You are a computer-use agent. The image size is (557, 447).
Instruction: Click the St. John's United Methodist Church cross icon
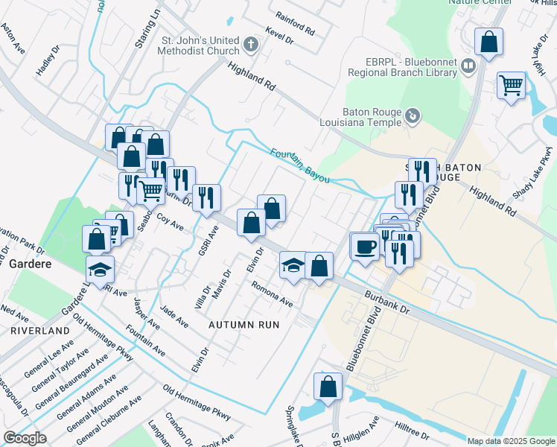(x=251, y=45)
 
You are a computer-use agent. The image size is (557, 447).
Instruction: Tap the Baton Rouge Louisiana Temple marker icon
(x=413, y=116)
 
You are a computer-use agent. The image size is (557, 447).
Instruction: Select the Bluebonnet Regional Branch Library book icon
(x=468, y=67)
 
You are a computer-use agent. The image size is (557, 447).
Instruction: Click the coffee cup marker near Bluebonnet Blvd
(x=364, y=246)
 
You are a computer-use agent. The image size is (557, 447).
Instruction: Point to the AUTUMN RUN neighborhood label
(x=244, y=325)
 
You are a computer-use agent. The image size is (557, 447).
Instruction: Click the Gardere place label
(x=29, y=264)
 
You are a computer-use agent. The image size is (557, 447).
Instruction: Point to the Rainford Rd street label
(x=295, y=25)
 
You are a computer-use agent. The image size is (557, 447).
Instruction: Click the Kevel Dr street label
(x=281, y=39)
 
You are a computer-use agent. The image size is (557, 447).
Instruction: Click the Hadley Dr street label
(x=47, y=63)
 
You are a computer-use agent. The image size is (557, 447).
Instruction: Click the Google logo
(x=25, y=438)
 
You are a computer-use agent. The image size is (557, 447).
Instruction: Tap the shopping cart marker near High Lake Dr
(x=511, y=86)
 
